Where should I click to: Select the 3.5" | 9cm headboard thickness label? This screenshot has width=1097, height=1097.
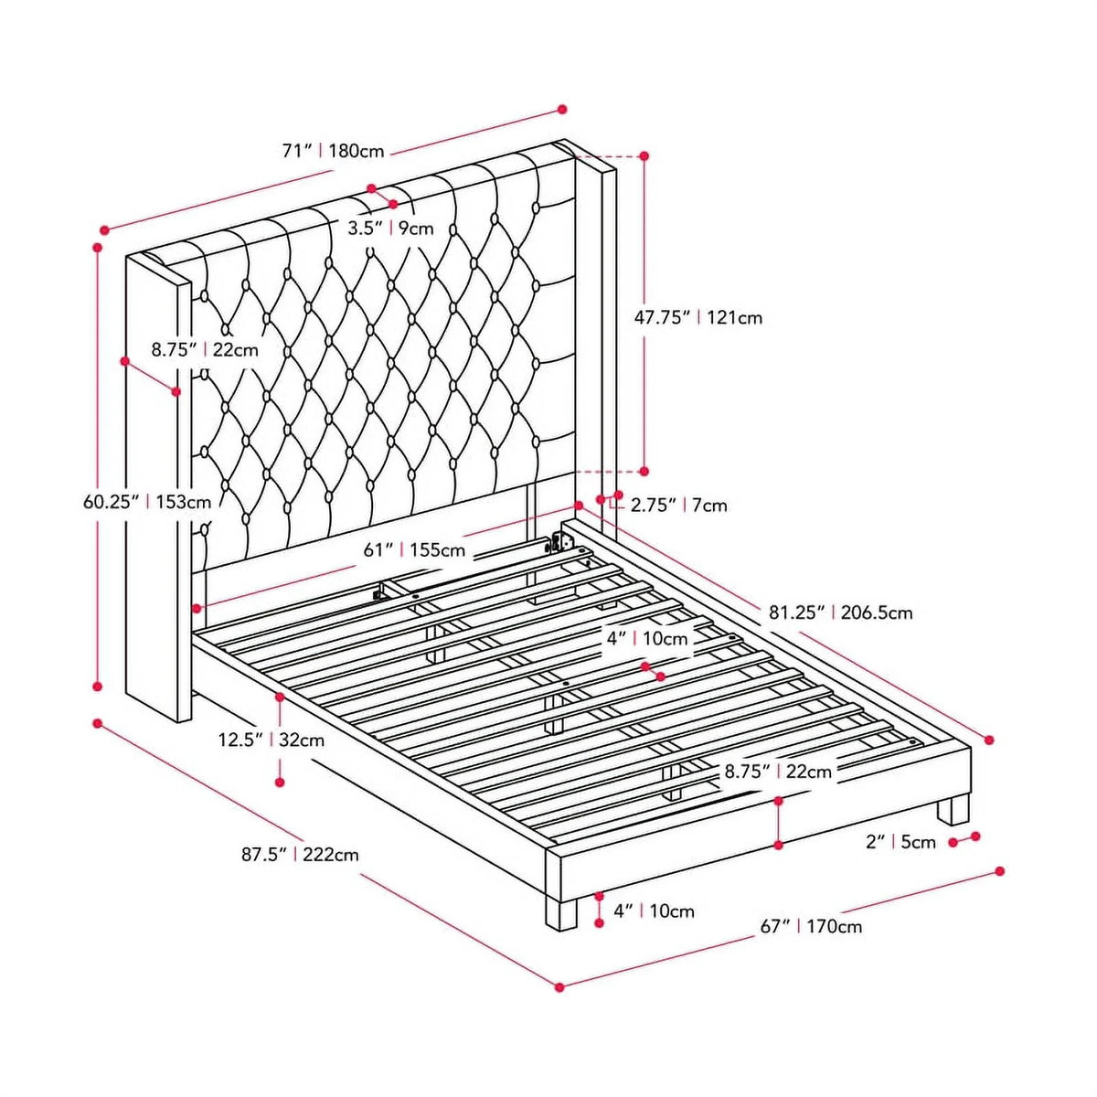point(390,229)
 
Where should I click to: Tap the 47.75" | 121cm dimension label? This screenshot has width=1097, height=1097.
point(698,317)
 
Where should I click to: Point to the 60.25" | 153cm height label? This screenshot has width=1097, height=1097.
point(147,502)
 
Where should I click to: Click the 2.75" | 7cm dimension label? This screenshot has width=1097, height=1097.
point(677,505)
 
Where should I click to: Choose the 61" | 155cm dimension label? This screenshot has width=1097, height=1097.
point(414,550)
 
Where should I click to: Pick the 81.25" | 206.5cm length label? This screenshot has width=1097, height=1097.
point(841,612)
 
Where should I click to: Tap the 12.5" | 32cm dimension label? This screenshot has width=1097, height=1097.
point(272,740)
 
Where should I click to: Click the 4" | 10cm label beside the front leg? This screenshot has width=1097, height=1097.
point(655,927)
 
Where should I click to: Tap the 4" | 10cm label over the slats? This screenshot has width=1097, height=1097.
point(647,639)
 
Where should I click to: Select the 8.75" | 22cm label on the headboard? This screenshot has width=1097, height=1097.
point(205,349)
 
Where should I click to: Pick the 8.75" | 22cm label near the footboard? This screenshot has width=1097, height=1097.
point(778,772)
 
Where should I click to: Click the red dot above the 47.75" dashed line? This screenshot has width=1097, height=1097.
point(644,155)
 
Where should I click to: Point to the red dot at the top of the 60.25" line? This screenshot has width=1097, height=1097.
point(97,249)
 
